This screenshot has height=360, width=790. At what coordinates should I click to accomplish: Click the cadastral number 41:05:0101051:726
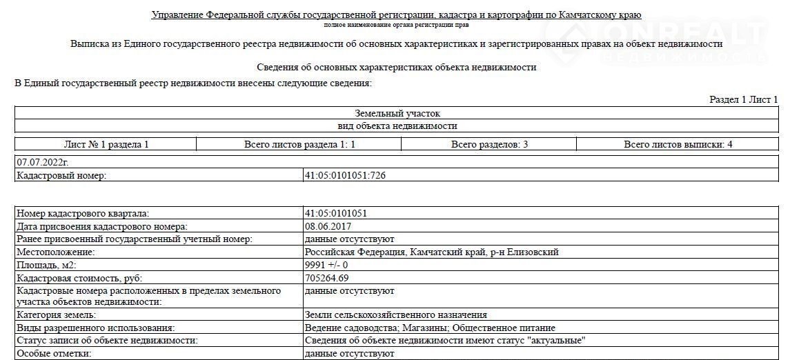345,175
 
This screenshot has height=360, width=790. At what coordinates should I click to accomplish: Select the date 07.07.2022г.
42,162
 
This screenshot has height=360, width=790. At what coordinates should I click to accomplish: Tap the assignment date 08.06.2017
328,226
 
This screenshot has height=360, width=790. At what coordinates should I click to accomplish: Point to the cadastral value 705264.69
326,278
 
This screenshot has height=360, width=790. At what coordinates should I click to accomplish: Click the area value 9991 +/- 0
326,265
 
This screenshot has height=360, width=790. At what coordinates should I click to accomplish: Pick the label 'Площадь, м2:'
46,265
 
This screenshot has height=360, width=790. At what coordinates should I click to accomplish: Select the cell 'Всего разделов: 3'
489,144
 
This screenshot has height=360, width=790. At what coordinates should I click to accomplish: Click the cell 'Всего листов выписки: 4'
678,144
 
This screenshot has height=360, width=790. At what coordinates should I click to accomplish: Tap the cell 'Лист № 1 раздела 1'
106,144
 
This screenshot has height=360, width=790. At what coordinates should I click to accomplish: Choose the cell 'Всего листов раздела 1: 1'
299,144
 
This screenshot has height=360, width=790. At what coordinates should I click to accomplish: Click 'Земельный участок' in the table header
397,113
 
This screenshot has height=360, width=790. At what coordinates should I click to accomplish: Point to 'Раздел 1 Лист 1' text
743,100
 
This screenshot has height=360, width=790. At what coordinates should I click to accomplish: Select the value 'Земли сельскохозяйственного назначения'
395,315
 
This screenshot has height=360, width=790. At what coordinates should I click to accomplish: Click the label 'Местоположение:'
55,252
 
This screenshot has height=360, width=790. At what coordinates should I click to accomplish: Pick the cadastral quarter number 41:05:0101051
335,213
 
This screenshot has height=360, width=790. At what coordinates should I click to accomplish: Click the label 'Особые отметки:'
53,353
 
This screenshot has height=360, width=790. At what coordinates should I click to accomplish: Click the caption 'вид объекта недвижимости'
397,126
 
